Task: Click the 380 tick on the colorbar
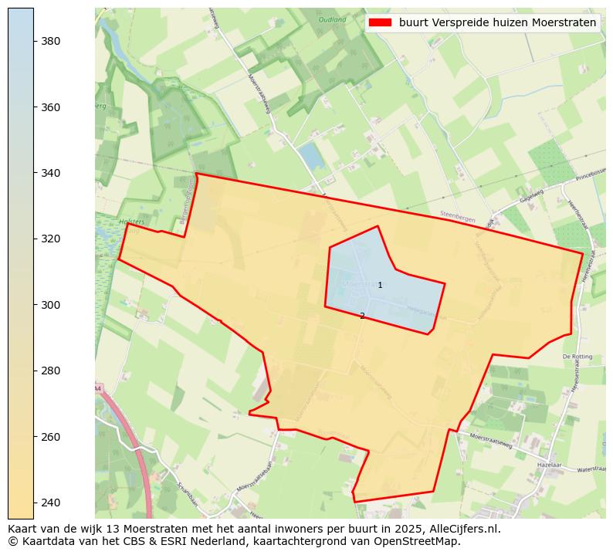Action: [x=51, y=41]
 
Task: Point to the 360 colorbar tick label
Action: [x=51, y=107]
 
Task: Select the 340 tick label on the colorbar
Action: [x=51, y=173]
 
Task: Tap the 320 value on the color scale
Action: [x=51, y=239]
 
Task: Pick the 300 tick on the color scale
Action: [x=51, y=305]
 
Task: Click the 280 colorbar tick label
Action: [x=51, y=371]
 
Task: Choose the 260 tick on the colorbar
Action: [x=51, y=437]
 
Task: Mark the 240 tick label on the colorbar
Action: [x=51, y=503]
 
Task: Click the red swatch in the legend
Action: [x=380, y=23]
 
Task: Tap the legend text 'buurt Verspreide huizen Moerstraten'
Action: [x=497, y=23]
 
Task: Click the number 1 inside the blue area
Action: [x=380, y=286]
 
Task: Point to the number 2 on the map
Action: [x=362, y=316]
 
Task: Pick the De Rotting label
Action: [x=576, y=357]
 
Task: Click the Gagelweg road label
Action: [x=532, y=195]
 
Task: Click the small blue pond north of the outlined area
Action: [x=311, y=157]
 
